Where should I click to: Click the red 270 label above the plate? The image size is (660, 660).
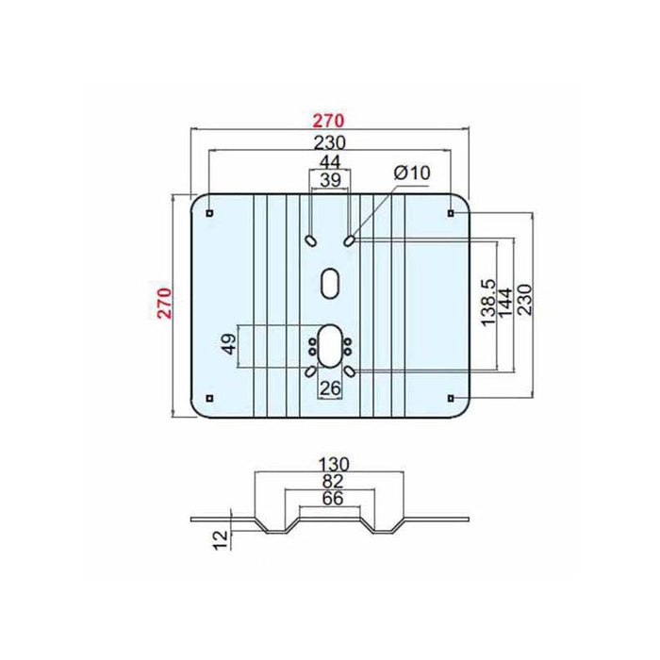click(328, 121)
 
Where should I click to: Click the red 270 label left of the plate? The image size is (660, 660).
click(165, 304)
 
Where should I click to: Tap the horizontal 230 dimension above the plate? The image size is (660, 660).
click(330, 142)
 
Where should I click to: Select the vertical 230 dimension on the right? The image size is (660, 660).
click(524, 300)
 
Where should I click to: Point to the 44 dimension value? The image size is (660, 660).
click(330, 161)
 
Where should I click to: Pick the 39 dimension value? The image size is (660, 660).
click(330, 180)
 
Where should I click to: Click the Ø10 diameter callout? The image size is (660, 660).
click(412, 173)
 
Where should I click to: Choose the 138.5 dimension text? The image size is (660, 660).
click(488, 303)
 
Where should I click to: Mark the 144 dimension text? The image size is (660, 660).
click(505, 303)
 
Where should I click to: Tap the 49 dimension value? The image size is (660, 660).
click(229, 344)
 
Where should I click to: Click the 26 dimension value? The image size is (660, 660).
click(330, 388)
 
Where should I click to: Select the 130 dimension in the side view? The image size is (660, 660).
click(334, 465)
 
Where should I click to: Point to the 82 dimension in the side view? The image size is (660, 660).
click(333, 482)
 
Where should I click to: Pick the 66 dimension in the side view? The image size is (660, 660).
click(333, 499)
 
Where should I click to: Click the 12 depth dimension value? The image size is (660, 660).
click(221, 539)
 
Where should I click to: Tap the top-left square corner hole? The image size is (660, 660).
click(209, 213)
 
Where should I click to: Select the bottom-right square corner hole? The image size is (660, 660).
click(451, 398)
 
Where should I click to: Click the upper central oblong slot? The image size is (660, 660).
click(330, 283)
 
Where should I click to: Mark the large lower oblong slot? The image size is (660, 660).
click(330, 345)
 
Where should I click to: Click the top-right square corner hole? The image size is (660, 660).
click(451, 213)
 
